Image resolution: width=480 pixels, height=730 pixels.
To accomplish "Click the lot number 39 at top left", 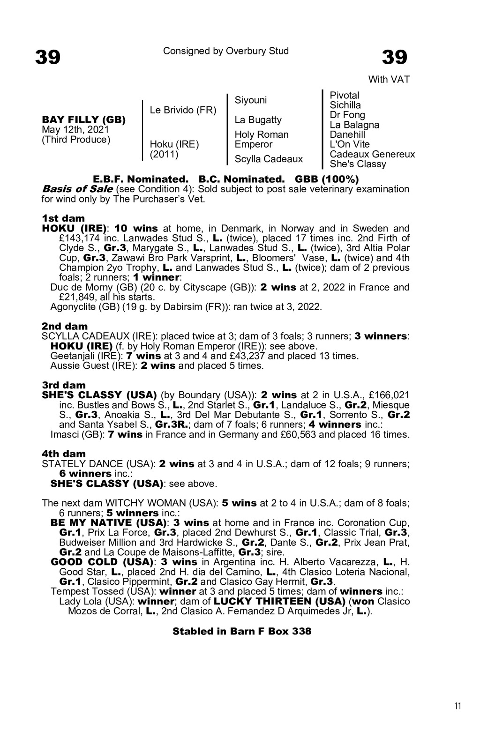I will [48, 58].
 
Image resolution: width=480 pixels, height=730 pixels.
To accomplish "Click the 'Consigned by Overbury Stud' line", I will [225, 51].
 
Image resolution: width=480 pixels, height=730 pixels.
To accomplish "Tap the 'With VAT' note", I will [389, 80].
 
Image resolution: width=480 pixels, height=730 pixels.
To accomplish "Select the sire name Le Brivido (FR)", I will [183, 110].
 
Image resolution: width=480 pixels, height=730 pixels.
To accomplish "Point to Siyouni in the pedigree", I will [250, 100].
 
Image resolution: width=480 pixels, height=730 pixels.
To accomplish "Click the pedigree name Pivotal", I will [344, 96].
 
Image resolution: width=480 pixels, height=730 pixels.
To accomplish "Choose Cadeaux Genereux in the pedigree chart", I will [372, 154].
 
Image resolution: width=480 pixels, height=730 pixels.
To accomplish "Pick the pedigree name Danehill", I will [347, 134].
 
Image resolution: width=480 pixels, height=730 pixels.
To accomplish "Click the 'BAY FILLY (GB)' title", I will [84, 120].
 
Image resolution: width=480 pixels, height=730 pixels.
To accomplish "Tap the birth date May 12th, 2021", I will [75, 129].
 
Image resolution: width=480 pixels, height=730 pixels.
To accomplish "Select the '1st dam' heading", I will [63, 218].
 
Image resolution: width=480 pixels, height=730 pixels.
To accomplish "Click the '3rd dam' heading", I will [64, 385].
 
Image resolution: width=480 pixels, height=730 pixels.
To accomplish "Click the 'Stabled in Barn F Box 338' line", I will [241, 631].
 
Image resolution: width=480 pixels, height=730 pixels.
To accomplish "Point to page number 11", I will [457, 707].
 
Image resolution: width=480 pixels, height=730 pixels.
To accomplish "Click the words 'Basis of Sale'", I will [77, 189].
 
